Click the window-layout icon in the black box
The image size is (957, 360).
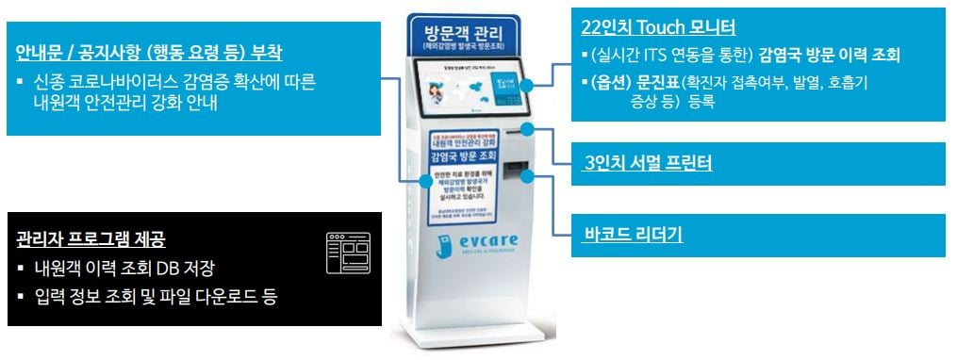tap(348, 252)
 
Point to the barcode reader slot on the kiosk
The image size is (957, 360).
tap(513, 174)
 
